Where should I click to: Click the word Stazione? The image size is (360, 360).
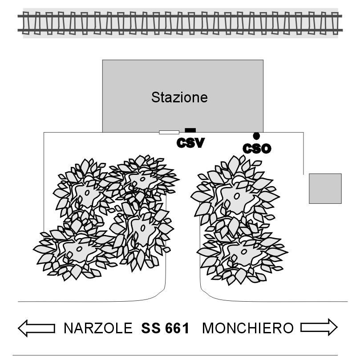[179, 97]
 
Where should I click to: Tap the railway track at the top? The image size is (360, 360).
[180, 23]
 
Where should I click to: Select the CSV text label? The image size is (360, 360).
[190, 143]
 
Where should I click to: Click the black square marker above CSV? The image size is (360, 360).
[190, 130]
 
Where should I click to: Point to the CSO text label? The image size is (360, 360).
[257, 148]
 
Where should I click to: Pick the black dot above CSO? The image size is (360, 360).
[256, 135]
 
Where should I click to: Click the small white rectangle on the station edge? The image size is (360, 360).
[169, 132]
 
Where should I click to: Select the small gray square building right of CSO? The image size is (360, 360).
[325, 189]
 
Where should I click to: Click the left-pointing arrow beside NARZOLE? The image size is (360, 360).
[36, 328]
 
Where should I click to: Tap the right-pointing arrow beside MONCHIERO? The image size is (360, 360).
[319, 328]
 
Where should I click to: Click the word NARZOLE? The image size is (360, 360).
[98, 328]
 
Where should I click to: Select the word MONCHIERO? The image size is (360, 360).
[248, 328]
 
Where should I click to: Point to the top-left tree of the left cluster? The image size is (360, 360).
[85, 191]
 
